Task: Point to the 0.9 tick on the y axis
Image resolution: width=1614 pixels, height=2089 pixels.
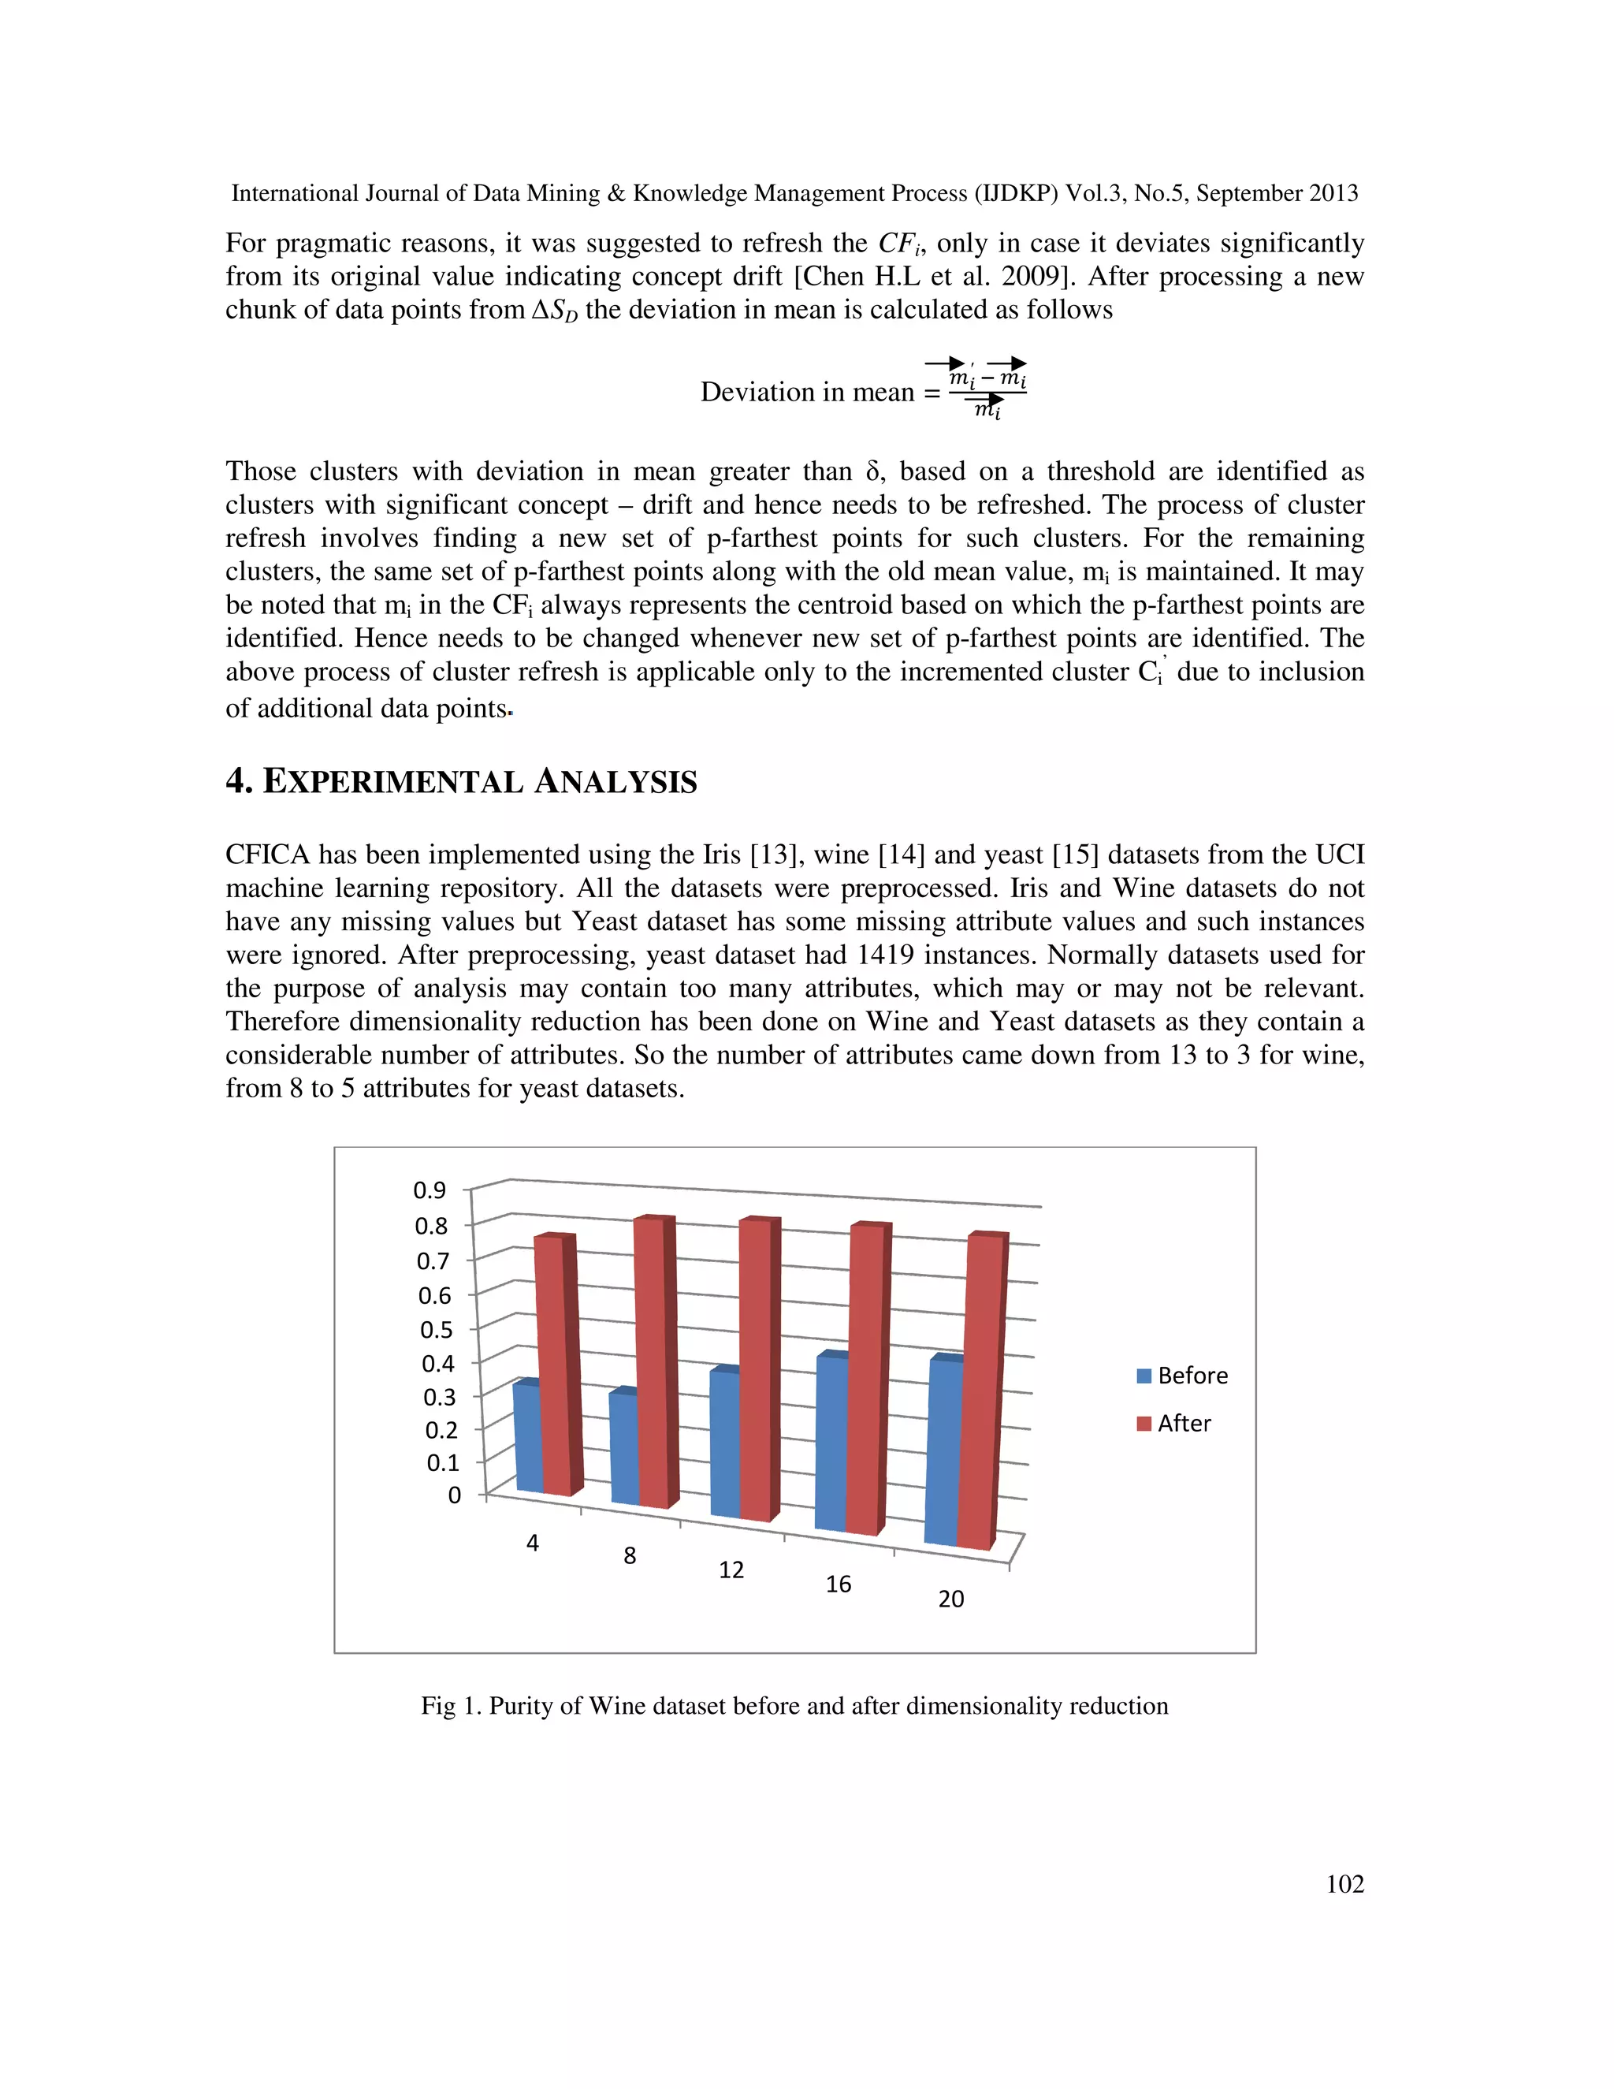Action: (x=430, y=1190)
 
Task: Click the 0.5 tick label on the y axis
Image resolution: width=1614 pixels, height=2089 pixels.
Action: (x=436, y=1330)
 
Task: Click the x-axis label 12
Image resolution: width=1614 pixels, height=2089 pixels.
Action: (x=731, y=1570)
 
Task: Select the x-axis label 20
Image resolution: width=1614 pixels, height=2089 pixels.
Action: (x=950, y=1599)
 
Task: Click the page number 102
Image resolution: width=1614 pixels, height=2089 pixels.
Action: (x=1344, y=1883)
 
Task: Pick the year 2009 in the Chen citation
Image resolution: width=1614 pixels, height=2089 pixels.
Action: (x=1028, y=277)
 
